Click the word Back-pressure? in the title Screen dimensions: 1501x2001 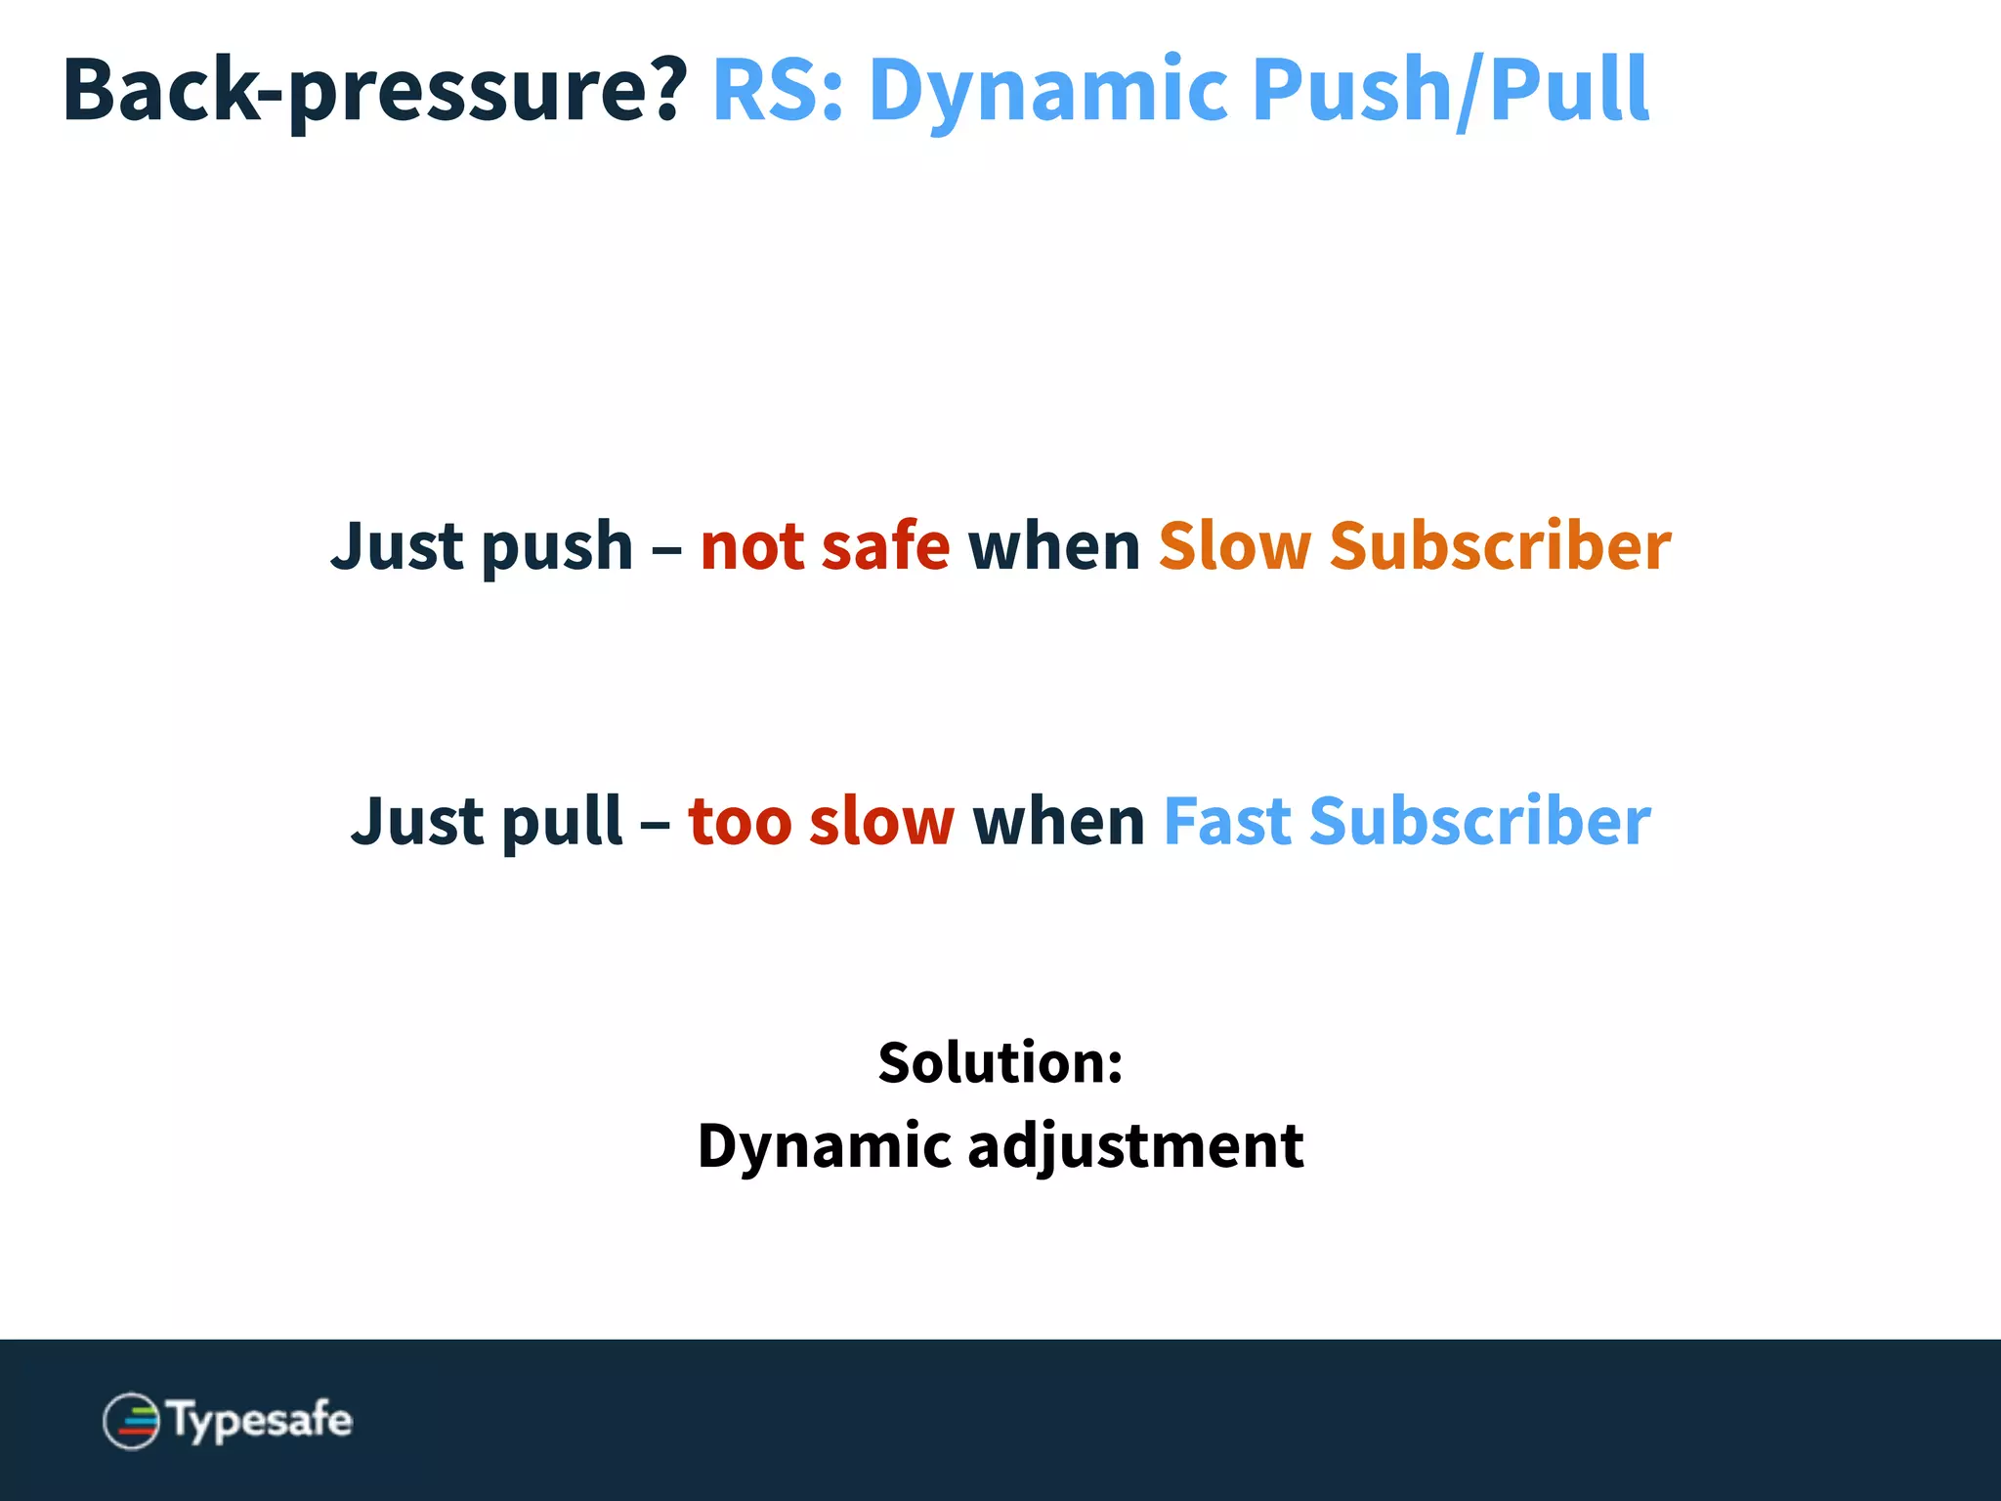(x=374, y=90)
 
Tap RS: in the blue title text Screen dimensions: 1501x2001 (x=778, y=90)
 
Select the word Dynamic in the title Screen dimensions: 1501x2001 (x=1047, y=90)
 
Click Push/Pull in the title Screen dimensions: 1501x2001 (x=1450, y=90)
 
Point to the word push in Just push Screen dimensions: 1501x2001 (x=557, y=547)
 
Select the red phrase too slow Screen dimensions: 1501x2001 (x=821, y=821)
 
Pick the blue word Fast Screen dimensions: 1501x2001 (x=1227, y=821)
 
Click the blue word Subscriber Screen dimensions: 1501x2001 (x=1479, y=821)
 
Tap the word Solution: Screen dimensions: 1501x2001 (x=1000, y=1062)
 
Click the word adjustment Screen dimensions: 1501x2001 (x=1135, y=1145)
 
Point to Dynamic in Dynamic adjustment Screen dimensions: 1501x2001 (x=823, y=1145)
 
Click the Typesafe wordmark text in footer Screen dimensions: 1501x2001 (x=260, y=1420)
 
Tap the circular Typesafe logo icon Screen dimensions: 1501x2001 (x=131, y=1421)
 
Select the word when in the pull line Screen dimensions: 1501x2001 (x=1058, y=821)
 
